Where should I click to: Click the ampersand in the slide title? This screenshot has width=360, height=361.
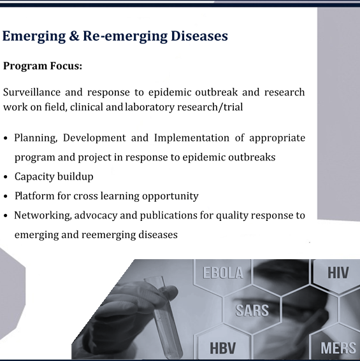point(74,36)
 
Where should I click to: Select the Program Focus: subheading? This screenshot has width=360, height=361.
point(43,66)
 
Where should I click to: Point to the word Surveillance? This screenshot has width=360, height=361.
point(32,92)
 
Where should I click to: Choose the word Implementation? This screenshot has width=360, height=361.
point(192,138)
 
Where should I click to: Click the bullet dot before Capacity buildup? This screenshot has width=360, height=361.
point(6,177)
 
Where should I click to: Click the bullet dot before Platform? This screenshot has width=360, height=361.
point(6,196)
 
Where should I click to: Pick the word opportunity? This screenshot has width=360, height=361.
point(170,196)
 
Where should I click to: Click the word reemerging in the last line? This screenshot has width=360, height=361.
point(108,235)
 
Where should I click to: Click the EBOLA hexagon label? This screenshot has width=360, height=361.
point(223,273)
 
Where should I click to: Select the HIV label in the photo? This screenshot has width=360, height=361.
point(338,273)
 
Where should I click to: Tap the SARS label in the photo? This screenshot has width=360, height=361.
point(252,310)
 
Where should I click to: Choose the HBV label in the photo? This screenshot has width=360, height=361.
point(222,348)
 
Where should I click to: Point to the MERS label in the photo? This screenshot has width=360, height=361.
point(338,348)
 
